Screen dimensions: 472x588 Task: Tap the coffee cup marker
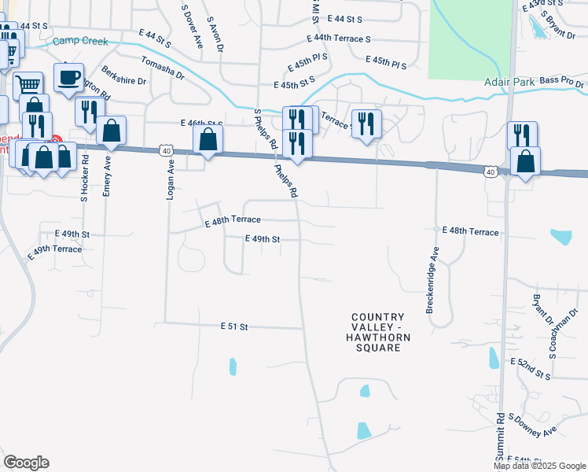[x=68, y=78]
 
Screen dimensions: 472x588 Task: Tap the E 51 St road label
[x=233, y=326]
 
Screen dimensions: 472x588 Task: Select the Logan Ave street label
[x=169, y=182]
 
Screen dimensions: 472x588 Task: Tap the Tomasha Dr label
[x=162, y=68]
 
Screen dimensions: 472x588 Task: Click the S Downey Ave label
[x=532, y=425]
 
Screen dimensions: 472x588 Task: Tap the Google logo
[x=26, y=463]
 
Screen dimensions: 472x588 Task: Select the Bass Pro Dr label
[x=563, y=81]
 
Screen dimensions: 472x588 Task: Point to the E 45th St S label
[x=294, y=83]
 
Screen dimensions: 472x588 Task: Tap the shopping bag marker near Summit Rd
[x=525, y=161]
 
